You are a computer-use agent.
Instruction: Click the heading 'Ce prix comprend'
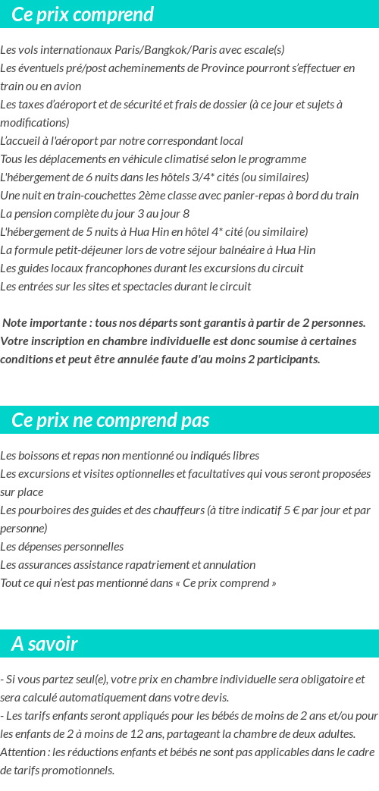point(83,14)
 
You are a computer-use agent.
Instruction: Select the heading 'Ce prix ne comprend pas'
point(111,420)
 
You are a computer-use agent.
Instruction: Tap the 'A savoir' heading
point(45,644)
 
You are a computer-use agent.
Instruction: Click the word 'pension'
point(36,214)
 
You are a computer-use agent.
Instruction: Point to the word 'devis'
point(212,698)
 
